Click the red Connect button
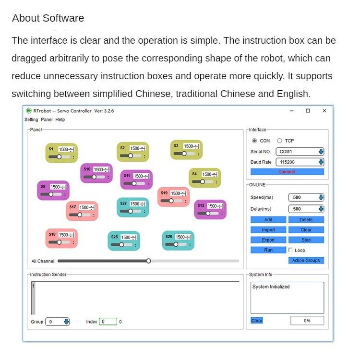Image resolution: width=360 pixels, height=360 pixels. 287,172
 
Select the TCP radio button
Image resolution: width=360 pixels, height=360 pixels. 279,141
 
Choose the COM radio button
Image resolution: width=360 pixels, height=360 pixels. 254,141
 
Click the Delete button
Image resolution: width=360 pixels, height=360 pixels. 306,220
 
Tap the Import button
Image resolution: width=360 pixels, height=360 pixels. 268,230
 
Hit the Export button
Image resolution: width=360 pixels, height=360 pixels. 268,240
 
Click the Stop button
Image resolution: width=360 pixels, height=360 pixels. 306,240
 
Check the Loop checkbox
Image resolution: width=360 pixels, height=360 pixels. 291,250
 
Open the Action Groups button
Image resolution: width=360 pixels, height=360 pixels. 306,261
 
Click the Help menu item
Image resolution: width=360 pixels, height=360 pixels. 60,120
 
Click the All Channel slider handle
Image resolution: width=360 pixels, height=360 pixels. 148,261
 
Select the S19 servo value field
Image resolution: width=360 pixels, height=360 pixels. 177,193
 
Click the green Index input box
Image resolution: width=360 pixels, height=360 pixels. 108,322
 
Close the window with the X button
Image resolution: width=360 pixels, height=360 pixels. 324,111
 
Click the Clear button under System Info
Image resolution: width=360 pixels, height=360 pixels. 257,321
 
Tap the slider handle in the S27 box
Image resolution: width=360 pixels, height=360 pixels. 130,211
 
